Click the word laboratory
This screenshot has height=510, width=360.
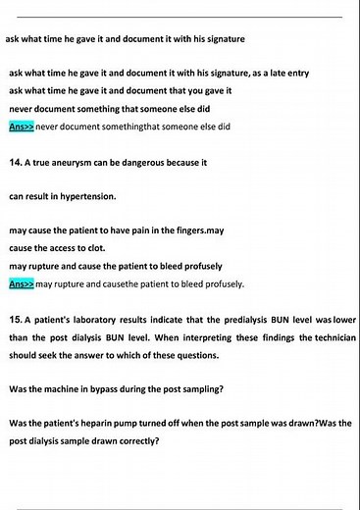pyautogui.click(x=104, y=321)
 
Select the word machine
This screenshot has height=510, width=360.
pyautogui.click(x=66, y=388)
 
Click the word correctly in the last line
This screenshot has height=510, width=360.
pyautogui.click(x=137, y=440)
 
